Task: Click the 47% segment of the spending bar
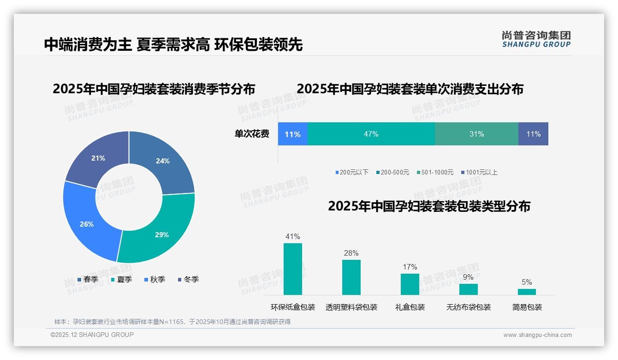(x=371, y=134)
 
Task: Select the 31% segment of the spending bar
(x=476, y=134)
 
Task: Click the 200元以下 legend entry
(x=352, y=172)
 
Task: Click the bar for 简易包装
(x=527, y=292)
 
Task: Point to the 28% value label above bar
(x=351, y=253)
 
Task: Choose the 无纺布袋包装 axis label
(x=468, y=307)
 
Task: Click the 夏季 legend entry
(x=122, y=279)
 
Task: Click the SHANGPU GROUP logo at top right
(x=536, y=39)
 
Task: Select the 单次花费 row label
(x=252, y=134)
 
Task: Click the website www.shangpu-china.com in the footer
(x=537, y=335)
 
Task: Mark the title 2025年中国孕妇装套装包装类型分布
(x=429, y=206)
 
